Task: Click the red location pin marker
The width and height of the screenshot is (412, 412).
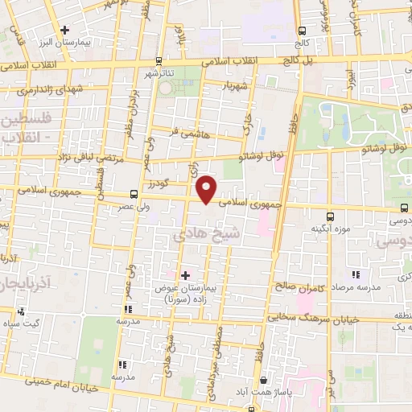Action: (x=207, y=189)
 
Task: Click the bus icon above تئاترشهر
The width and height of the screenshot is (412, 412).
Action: (x=159, y=60)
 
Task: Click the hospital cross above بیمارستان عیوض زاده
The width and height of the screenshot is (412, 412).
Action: (x=186, y=275)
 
